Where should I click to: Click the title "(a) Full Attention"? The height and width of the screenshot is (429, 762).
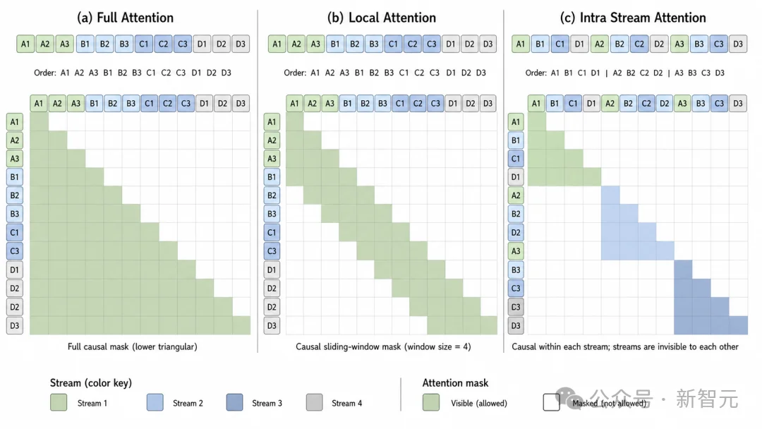click(125, 18)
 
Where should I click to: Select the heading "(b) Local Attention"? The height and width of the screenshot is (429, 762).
click(382, 18)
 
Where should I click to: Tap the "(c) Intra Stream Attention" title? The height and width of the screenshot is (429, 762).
click(633, 18)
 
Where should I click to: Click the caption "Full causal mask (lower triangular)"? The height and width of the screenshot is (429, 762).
click(132, 346)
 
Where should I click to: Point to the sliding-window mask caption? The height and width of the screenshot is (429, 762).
click(383, 346)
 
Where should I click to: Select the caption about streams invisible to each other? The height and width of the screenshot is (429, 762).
click(625, 346)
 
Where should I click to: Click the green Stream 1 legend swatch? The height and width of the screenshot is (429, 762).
click(59, 402)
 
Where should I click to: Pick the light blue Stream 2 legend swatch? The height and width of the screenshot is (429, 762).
click(155, 402)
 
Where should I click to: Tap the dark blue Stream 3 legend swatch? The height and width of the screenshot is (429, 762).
click(234, 402)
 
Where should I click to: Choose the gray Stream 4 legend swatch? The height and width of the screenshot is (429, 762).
click(315, 402)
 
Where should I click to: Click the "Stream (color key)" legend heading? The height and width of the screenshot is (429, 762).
click(91, 383)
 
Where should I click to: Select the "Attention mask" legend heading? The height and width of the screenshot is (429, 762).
click(455, 383)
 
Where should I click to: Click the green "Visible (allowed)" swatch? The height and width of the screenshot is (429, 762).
click(430, 402)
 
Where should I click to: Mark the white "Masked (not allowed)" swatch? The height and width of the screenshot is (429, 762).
click(552, 402)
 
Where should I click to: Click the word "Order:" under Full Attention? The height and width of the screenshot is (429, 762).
click(44, 73)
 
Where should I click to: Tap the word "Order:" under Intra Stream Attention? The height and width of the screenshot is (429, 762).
click(536, 73)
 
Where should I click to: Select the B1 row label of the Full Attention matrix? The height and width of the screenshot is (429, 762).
click(15, 177)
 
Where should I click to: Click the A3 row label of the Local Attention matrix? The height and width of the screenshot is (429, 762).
click(272, 158)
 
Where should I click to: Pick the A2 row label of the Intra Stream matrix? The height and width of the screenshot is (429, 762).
click(516, 195)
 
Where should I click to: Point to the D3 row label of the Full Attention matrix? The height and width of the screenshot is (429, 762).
click(15, 325)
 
